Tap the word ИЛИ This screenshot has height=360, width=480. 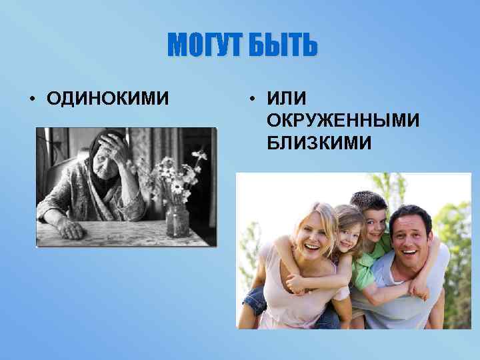tap(286, 99)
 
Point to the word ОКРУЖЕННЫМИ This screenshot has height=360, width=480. tap(343, 121)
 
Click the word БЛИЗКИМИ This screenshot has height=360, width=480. tap(319, 143)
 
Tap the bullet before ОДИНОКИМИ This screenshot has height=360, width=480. tap(32, 99)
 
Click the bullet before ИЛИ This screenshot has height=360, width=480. tap(253, 99)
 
